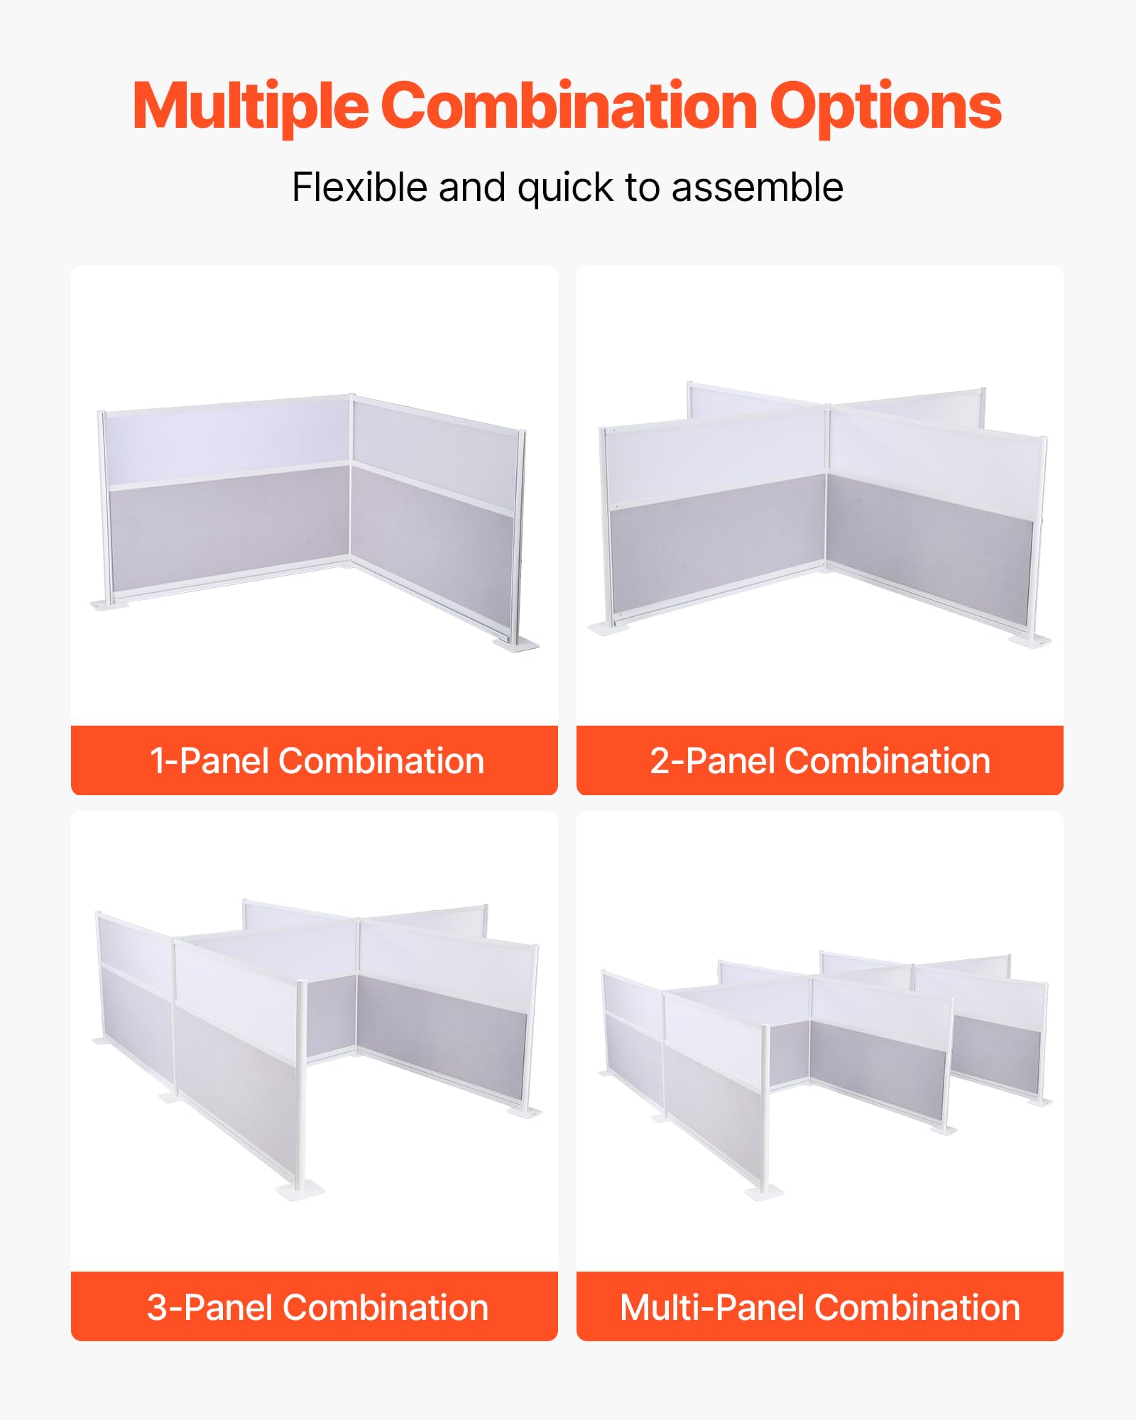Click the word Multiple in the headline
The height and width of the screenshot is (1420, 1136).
coord(250,106)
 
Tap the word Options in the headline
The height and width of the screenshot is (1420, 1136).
coord(885,106)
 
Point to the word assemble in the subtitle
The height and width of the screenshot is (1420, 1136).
coord(757,187)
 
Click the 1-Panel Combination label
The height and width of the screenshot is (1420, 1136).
coord(317,760)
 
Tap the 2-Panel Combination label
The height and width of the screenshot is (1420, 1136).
coord(820,760)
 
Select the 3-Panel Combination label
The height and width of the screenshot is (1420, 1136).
coord(317,1307)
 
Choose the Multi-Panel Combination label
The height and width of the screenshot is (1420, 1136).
coord(820,1307)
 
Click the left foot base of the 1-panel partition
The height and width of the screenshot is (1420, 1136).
coord(111,603)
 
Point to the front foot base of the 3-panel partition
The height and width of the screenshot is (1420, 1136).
coord(300,1190)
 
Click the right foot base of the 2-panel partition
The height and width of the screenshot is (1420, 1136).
coord(1030,640)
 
